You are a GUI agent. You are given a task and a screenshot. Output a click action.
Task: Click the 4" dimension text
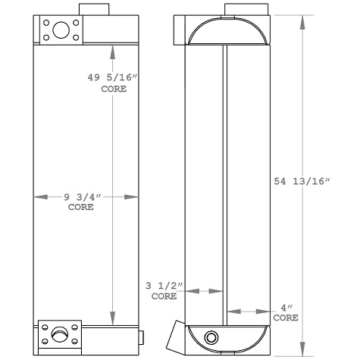click(x=286, y=308)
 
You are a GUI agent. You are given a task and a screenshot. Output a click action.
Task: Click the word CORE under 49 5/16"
click(x=113, y=89)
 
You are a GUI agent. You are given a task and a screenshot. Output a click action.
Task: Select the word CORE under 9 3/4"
click(x=81, y=208)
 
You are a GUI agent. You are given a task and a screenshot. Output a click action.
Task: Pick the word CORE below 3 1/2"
click(x=163, y=297)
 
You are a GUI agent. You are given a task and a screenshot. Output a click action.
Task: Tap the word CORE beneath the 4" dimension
click(x=286, y=318)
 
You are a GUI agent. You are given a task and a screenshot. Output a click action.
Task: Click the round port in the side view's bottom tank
click(x=211, y=337)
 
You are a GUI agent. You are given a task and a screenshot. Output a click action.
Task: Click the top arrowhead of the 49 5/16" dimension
click(x=113, y=52)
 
